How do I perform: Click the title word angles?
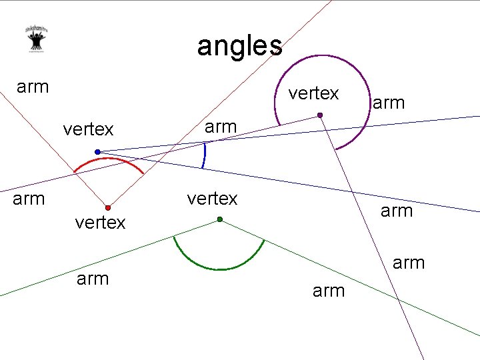pyautogui.click(x=239, y=46)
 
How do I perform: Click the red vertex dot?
pyautogui.click(x=107, y=208)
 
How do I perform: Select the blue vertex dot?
pyautogui.click(x=97, y=152)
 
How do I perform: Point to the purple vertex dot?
pyautogui.click(x=320, y=116)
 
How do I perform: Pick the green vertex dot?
pyautogui.click(x=219, y=219)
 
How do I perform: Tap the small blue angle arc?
pyautogui.click(x=205, y=156)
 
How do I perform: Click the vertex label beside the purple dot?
pyautogui.click(x=313, y=93)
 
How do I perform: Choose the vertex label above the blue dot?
pyautogui.click(x=88, y=128)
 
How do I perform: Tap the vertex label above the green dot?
pyautogui.click(x=212, y=199)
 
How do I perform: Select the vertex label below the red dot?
pyautogui.click(x=100, y=223)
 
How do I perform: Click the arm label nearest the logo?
pyautogui.click(x=33, y=87)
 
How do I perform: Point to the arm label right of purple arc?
pyautogui.click(x=389, y=103)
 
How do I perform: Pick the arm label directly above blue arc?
pyautogui.click(x=221, y=126)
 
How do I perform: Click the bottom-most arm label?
pyautogui.click(x=329, y=291)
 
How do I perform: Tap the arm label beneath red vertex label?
pyautogui.click(x=93, y=279)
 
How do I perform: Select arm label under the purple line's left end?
pyautogui.click(x=29, y=198)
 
